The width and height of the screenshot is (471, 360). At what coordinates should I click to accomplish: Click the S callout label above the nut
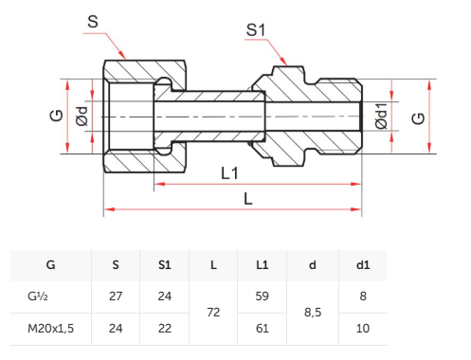[x=93, y=22]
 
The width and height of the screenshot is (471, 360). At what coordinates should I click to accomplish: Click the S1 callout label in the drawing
[x=256, y=30]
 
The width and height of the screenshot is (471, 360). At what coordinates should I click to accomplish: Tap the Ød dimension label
[x=82, y=116]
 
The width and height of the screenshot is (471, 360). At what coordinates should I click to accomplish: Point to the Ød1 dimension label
[x=381, y=116]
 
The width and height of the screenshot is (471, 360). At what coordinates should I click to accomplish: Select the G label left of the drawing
[x=57, y=116]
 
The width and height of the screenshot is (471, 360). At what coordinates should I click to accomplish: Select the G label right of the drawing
[x=418, y=118]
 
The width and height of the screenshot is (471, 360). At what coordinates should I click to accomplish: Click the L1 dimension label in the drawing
[x=229, y=173]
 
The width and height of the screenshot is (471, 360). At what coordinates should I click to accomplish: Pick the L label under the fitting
[x=248, y=199]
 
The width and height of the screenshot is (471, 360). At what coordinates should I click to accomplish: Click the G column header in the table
[x=50, y=264]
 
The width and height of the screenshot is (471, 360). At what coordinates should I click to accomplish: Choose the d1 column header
[x=363, y=264]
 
